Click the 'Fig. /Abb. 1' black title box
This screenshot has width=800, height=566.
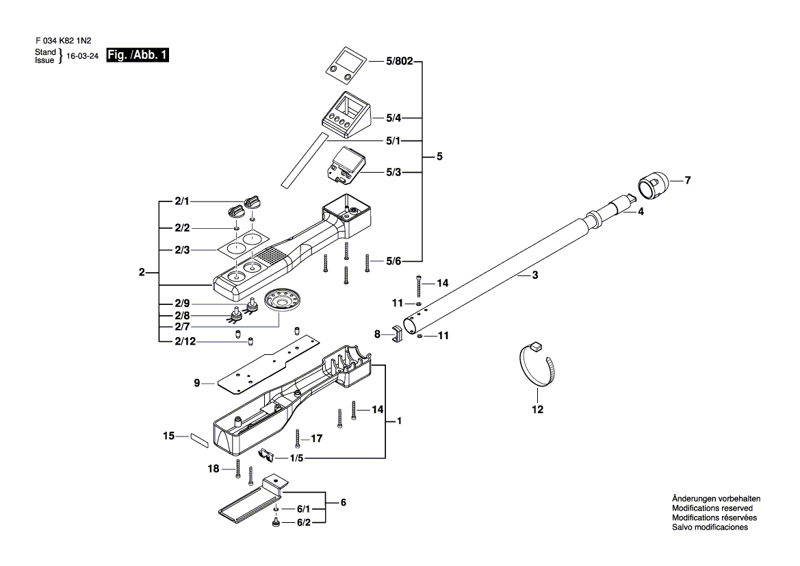pyautogui.click(x=138, y=56)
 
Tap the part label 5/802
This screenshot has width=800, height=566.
pyautogui.click(x=400, y=61)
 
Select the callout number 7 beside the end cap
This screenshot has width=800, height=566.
pyautogui.click(x=688, y=180)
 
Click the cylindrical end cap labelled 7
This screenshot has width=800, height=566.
pyautogui.click(x=653, y=186)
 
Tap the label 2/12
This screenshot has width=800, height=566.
pyautogui.click(x=185, y=341)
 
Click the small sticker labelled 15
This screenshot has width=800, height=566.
pyautogui.click(x=200, y=440)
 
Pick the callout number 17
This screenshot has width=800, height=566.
pyautogui.click(x=316, y=439)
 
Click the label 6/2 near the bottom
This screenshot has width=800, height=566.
pyautogui.click(x=304, y=523)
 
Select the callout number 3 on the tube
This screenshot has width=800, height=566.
pyautogui.click(x=534, y=275)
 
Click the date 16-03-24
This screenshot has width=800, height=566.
pyautogui.click(x=83, y=56)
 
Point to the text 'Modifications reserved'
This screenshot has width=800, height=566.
pyautogui.click(x=712, y=508)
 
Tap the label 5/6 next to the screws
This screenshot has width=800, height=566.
pyautogui.click(x=393, y=261)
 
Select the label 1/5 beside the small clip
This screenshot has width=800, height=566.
pyautogui.click(x=296, y=458)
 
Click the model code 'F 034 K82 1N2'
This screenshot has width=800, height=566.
pyautogui.click(x=64, y=41)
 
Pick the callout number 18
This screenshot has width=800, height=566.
pyautogui.click(x=214, y=469)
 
